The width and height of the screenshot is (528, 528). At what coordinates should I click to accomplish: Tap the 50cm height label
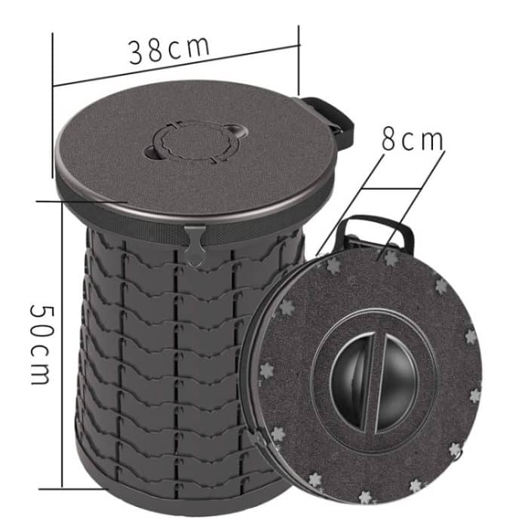click(40, 344)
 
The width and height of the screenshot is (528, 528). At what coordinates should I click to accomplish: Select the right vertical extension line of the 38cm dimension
click(299, 68)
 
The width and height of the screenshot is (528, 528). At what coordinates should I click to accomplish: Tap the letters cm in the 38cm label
click(189, 46)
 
